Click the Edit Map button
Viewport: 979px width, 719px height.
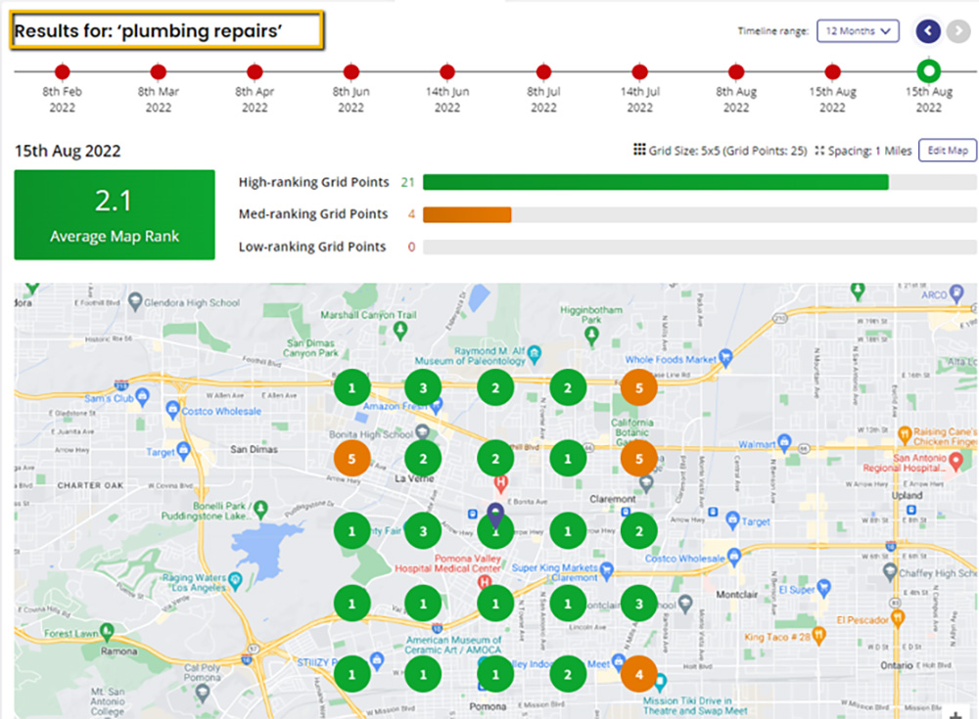947,150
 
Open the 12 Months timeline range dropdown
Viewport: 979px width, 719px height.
858,31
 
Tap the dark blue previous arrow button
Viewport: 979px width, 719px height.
928,31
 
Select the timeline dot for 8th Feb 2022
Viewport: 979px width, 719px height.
63,71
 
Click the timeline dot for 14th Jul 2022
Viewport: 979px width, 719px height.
639,71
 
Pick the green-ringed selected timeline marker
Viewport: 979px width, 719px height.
928,71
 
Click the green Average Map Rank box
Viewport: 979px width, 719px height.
114,215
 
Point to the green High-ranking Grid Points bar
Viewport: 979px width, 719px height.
655,182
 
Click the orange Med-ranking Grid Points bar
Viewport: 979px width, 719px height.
467,214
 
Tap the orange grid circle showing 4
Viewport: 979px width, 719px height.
638,673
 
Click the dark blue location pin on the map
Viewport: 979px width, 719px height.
495,515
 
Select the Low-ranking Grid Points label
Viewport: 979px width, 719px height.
312,247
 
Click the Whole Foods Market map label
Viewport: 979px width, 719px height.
671,360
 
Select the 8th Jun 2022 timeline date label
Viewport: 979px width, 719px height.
351,99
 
